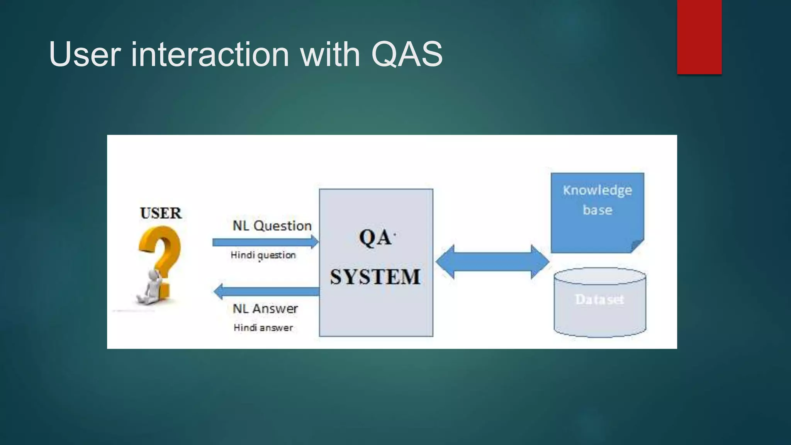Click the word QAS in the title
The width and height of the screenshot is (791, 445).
(x=407, y=54)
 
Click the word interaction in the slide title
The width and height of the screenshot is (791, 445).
(x=210, y=54)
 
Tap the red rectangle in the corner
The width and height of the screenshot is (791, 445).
(x=699, y=37)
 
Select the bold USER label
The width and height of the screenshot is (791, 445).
(x=161, y=213)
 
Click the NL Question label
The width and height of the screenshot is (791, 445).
(x=272, y=226)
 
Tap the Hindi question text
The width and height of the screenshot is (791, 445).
(x=263, y=255)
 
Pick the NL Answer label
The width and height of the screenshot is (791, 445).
(x=265, y=309)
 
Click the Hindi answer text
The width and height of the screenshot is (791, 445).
(x=263, y=328)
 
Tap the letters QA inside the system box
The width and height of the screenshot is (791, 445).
(x=375, y=238)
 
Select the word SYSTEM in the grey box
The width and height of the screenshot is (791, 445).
(x=375, y=277)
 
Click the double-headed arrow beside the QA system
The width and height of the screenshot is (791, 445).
(x=492, y=262)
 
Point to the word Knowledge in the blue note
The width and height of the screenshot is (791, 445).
(x=597, y=190)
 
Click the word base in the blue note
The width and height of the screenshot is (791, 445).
(x=597, y=210)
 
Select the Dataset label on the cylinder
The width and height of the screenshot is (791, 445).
(x=599, y=299)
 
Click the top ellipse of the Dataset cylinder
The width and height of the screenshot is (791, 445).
(x=599, y=276)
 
